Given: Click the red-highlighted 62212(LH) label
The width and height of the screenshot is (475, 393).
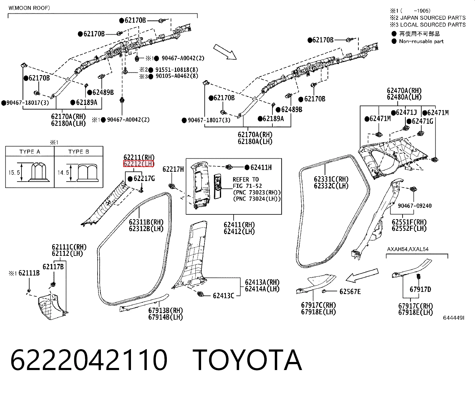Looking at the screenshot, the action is (138, 163).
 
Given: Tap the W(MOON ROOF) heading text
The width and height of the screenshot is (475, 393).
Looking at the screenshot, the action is (29, 8).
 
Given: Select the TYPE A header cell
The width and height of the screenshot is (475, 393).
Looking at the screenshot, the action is (30, 151).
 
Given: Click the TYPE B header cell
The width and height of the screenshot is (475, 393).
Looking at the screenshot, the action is (79, 151).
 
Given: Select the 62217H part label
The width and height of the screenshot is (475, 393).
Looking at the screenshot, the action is (173, 169).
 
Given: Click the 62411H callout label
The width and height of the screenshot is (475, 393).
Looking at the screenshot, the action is (261, 168).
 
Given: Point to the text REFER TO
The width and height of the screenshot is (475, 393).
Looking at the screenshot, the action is (246, 180).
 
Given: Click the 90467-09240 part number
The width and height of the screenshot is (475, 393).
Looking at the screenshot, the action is (415, 206).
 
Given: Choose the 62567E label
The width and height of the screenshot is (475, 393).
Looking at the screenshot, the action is (350, 292).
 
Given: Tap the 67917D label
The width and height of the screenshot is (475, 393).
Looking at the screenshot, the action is (420, 289).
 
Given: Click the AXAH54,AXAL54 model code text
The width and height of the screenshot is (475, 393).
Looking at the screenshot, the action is (408, 249).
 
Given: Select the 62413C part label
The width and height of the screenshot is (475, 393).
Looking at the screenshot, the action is (223, 296).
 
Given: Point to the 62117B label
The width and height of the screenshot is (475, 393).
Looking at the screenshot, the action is (53, 267).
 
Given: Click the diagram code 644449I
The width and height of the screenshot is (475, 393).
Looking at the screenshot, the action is (454, 318).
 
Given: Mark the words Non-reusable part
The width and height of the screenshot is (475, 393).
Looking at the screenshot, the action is (421, 41).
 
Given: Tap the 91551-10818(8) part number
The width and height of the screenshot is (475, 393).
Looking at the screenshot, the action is (177, 69).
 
